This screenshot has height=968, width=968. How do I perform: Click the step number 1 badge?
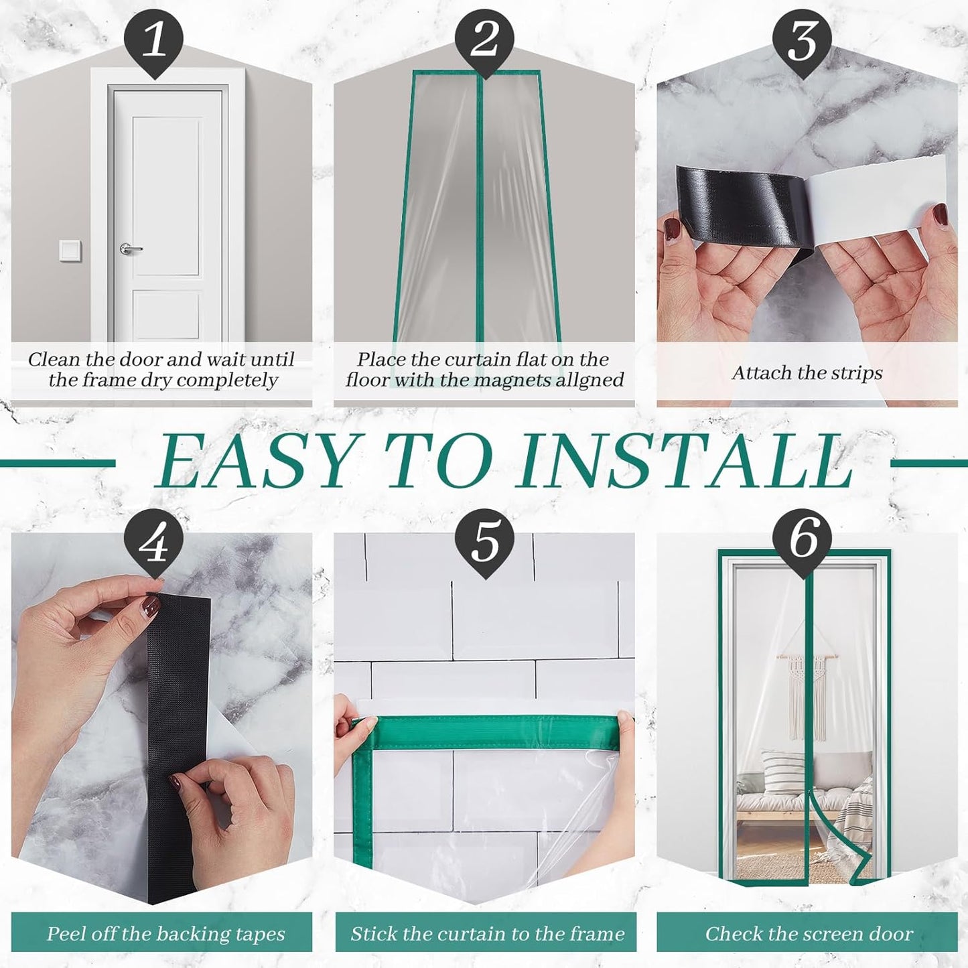tap(154, 38)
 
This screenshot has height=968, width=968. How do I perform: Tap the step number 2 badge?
tap(484, 38)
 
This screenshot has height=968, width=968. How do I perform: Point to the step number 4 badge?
tap(154, 543)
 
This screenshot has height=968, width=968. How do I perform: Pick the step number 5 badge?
tap(484, 543)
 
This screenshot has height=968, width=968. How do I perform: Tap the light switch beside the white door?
tap(70, 251)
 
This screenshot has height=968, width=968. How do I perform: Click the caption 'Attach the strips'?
tap(807, 372)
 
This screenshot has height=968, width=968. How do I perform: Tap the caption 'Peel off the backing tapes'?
tap(165, 933)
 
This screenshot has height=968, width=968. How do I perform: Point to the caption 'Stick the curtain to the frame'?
tap(487, 933)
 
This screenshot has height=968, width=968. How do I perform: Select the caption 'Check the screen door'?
tap(809, 933)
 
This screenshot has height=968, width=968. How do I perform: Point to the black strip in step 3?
tap(737, 204)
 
